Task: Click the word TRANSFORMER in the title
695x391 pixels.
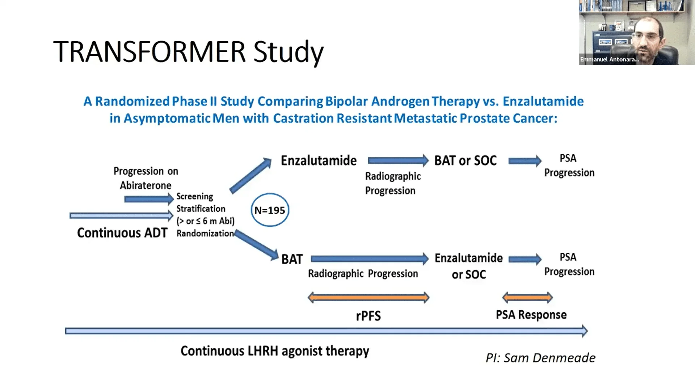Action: coord(149,52)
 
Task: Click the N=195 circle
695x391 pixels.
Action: coord(270,210)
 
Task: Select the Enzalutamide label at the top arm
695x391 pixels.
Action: coord(319,160)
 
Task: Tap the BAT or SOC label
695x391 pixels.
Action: coord(465,160)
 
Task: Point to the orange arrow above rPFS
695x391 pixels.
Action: coord(368,298)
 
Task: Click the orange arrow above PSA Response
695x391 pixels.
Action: coord(527,298)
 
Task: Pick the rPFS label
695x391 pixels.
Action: coord(368,316)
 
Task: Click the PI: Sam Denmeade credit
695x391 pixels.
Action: coord(540,358)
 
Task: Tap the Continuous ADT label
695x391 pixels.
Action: coord(122,233)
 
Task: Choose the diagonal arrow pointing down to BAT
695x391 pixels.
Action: coord(256,245)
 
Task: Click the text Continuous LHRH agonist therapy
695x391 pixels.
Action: coord(275,351)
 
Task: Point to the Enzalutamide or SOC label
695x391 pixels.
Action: coord(468,266)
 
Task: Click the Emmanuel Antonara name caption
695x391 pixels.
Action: coord(609,59)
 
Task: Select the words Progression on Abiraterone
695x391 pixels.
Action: coord(146,178)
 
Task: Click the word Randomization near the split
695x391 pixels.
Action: coord(205,234)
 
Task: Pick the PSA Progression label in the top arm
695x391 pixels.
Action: coord(569,165)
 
